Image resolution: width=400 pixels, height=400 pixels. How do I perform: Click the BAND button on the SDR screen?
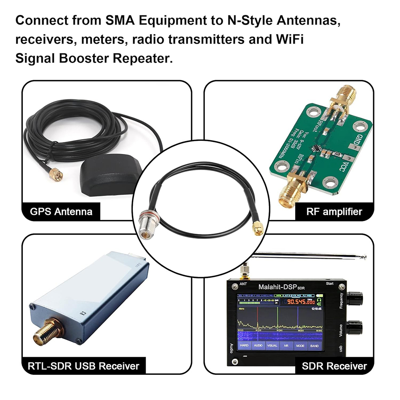(314, 346)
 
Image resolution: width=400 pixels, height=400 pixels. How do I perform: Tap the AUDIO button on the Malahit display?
(258, 346)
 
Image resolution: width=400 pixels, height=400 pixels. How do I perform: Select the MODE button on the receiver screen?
(300, 346)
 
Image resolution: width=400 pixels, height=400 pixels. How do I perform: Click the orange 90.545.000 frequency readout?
(298, 302)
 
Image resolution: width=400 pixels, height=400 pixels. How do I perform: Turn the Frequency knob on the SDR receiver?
(354, 298)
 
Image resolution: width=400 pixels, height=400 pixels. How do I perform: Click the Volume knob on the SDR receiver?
(354, 328)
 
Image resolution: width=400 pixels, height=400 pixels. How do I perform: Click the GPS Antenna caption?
(61, 211)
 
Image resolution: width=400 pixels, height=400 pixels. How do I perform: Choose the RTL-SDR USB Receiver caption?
(84, 365)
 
